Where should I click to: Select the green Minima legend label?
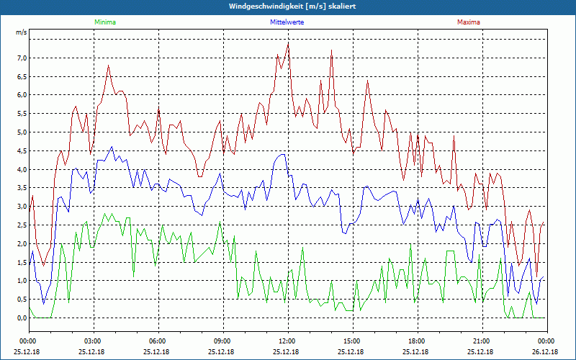(x=104, y=22)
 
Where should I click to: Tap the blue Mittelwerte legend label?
(x=286, y=22)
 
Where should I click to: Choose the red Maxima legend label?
(x=468, y=22)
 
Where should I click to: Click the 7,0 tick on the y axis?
(x=22, y=58)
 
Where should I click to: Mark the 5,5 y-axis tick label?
(x=22, y=114)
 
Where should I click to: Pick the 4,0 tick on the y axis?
(x=22, y=169)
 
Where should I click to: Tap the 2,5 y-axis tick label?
(x=22, y=225)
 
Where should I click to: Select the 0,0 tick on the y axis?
(x=22, y=318)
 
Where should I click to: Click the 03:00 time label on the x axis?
(x=93, y=341)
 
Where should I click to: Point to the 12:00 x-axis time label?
(x=287, y=341)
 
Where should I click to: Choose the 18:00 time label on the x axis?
(x=417, y=341)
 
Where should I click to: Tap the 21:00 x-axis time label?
(x=482, y=341)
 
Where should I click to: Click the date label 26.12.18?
(x=545, y=351)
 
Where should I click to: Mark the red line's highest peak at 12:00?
(x=288, y=42)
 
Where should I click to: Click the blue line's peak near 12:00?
(x=282, y=154)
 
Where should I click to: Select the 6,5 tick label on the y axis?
(x=22, y=76)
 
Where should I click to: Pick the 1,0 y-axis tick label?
(x=22, y=281)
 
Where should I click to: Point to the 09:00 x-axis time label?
(x=222, y=341)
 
